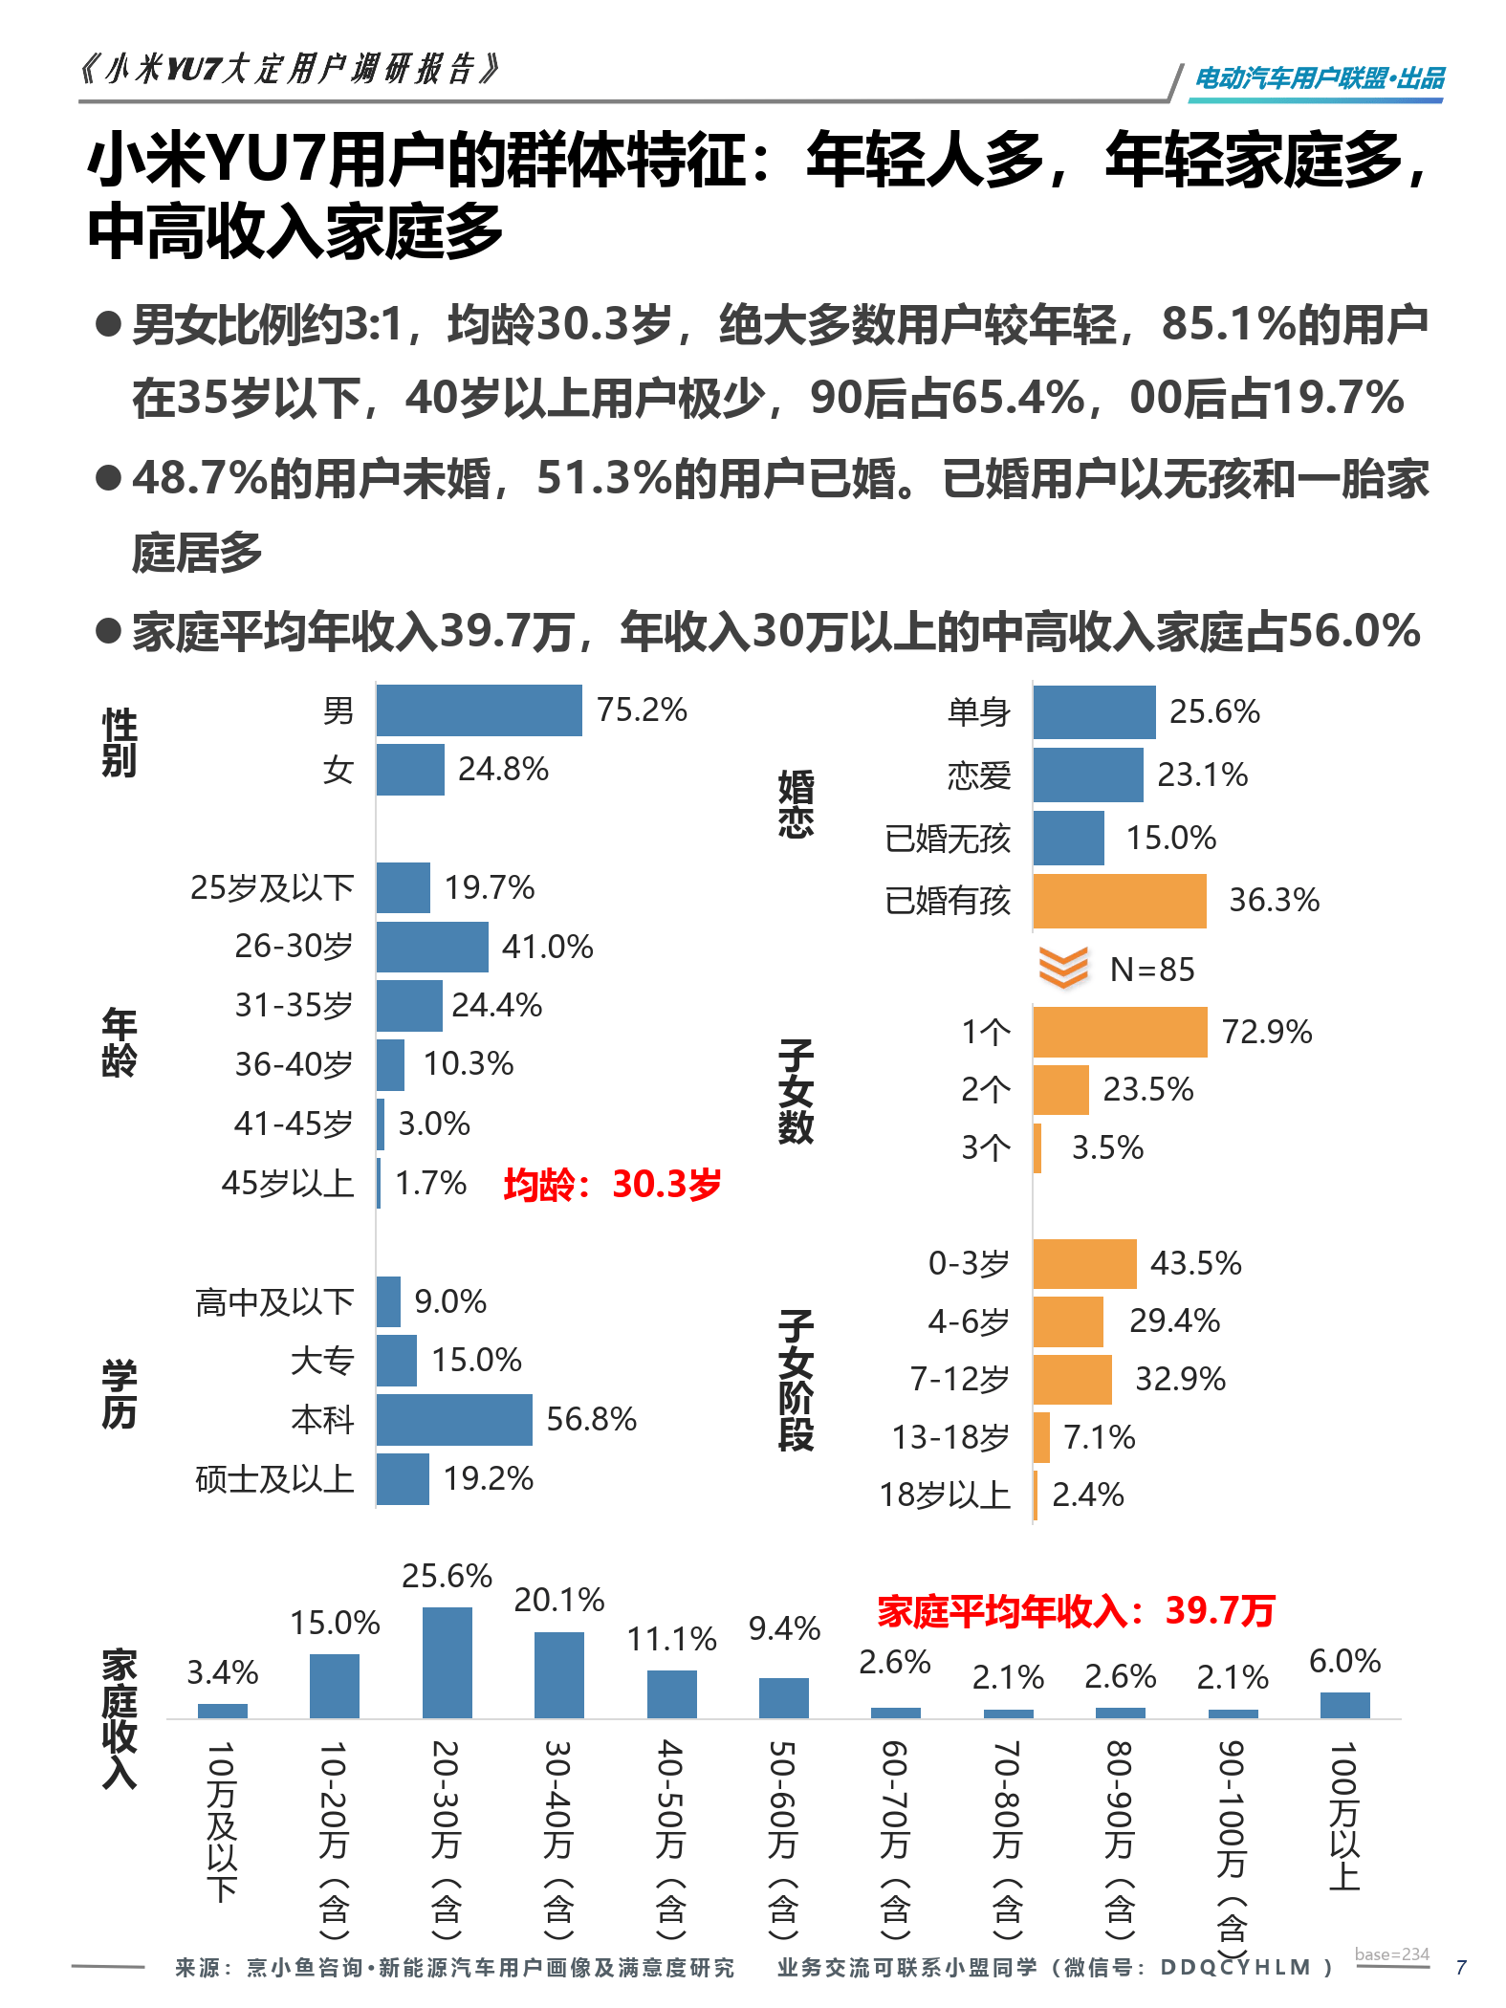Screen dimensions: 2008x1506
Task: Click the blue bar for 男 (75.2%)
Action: pyautogui.click(x=478, y=710)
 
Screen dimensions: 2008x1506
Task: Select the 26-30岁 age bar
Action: pyautogui.click(x=431, y=947)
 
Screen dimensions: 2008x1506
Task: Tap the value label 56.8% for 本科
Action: pyautogui.click(x=591, y=1419)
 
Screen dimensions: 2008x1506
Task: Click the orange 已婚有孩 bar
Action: pyautogui.click(x=1119, y=901)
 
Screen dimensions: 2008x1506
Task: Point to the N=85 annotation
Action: pyautogui.click(x=1152, y=970)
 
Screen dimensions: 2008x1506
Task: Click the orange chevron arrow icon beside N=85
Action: pyautogui.click(x=1063, y=968)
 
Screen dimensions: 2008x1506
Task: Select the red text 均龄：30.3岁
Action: pyautogui.click(x=612, y=1184)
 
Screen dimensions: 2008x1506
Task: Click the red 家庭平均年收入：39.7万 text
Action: pyautogui.click(x=1076, y=1611)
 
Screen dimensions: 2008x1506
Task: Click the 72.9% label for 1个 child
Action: pyautogui.click(x=1267, y=1032)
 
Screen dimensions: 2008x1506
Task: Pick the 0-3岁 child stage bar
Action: pyautogui.click(x=1084, y=1264)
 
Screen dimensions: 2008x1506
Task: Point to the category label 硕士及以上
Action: pyautogui.click(x=274, y=1479)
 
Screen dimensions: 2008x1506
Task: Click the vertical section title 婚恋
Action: pyautogui.click(x=796, y=804)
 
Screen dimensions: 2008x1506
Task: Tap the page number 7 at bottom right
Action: pyautogui.click(x=1460, y=1967)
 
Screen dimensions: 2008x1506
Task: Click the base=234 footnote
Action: pyautogui.click(x=1391, y=1954)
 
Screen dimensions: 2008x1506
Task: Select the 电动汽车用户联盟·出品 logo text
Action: pyautogui.click(x=1320, y=78)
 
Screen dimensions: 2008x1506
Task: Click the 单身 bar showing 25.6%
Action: pyautogui.click(x=1094, y=712)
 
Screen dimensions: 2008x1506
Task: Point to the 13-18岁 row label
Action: pyautogui.click(x=950, y=1437)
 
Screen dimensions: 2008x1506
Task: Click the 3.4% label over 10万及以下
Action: pyautogui.click(x=222, y=1672)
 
